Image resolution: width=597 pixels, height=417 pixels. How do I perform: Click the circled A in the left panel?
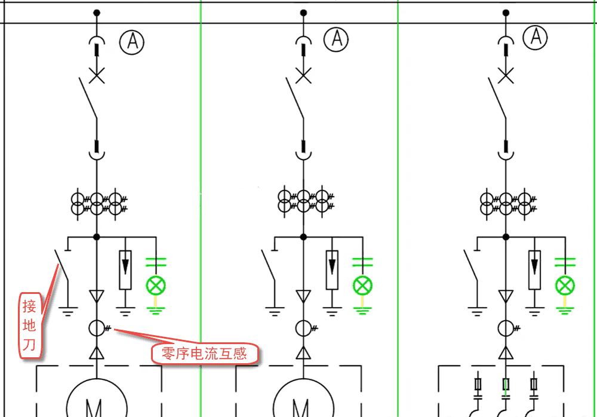(132, 41)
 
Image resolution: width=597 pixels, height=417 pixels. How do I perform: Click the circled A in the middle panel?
(336, 39)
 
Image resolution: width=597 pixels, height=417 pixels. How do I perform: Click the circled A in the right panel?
(536, 37)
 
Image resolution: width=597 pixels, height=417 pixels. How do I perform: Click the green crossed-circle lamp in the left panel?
(156, 285)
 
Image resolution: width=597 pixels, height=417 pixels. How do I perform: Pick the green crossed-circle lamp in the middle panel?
(362, 285)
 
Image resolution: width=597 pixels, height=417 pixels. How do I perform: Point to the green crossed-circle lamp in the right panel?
(565, 285)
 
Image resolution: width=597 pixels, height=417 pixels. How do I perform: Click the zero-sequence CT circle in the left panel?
(97, 327)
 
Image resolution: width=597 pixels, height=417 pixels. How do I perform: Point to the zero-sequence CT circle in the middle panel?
(304, 327)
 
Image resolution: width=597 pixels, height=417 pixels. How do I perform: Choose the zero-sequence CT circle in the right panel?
(506, 327)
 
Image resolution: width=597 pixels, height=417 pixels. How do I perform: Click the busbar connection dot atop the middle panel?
(303, 13)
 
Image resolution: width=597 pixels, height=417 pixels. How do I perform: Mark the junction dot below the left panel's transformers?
(97, 237)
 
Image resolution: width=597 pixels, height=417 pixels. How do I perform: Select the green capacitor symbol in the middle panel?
(362, 261)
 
